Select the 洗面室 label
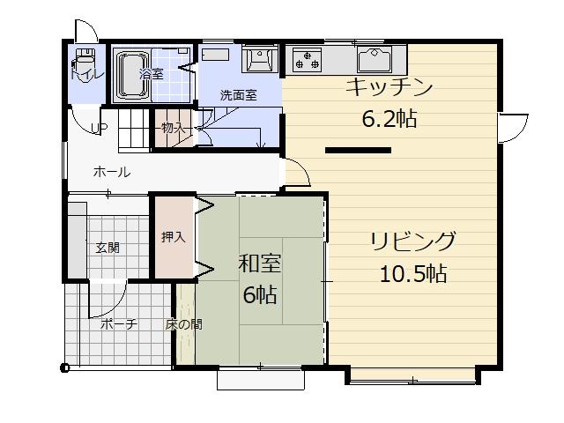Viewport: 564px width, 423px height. pos(238,95)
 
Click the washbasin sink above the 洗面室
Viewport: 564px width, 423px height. pos(259,58)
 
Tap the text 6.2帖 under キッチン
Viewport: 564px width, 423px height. pos(389,119)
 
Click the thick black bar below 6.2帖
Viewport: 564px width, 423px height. pos(358,151)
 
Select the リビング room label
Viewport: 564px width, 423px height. pos(412,241)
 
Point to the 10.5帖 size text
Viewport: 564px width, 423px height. pos(412,273)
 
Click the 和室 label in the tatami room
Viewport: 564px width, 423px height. pos(259,263)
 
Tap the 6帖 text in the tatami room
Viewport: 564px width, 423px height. pos(259,294)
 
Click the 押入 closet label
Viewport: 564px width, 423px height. pos(173,237)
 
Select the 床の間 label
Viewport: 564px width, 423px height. pos(184,324)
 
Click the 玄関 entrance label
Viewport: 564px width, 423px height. pos(108,248)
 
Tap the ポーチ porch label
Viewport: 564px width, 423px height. pos(118,324)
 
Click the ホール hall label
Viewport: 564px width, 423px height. pos(112,172)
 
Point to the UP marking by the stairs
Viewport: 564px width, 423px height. pos(100,129)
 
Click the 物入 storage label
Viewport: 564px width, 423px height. pos(173,129)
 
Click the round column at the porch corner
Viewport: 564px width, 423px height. pos(64,367)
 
